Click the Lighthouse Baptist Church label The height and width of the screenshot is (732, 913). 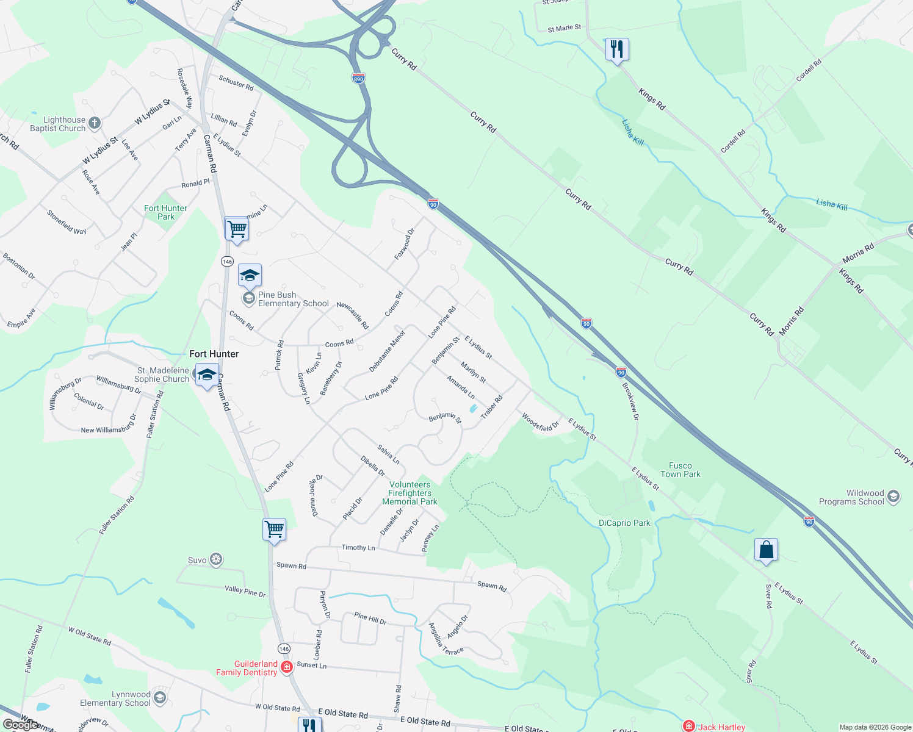58,124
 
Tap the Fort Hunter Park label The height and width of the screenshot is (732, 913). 165,212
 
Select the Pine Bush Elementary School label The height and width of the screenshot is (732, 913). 293,299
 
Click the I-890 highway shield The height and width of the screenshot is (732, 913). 358,79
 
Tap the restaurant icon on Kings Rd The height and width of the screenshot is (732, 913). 617,49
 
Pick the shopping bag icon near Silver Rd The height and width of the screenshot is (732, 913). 766,550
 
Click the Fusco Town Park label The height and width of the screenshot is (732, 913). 680,470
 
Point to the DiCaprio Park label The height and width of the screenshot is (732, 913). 624,523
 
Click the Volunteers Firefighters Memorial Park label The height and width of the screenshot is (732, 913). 410,493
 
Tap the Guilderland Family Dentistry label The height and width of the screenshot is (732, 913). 247,668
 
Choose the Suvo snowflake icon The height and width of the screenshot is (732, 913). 215,559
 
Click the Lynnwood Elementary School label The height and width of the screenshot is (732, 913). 115,698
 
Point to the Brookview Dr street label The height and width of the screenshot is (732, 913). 630,401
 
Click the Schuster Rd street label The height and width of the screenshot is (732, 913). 236,83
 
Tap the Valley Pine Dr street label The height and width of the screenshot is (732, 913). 245,590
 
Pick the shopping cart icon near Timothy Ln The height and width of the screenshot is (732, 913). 274,529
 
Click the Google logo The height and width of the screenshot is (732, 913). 20,725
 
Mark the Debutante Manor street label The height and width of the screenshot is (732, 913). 387,351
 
